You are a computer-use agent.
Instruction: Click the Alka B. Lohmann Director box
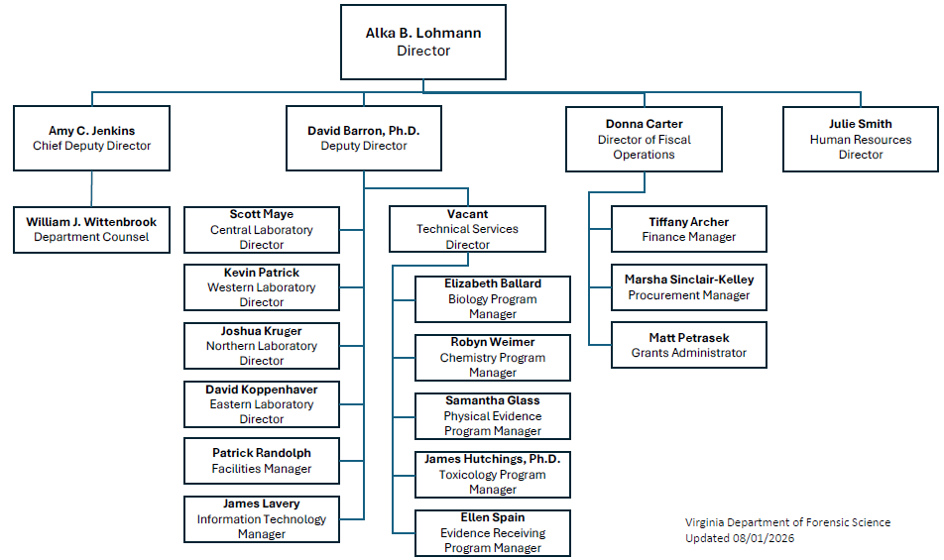tap(423, 42)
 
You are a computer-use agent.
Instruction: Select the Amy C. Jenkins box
tap(91, 139)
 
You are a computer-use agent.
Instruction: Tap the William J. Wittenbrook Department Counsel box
tap(91, 230)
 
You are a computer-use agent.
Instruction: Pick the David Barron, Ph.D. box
tap(364, 139)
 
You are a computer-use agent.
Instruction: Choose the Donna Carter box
tap(644, 139)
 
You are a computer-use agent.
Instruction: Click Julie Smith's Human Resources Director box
tap(861, 139)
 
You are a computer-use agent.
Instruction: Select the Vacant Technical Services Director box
tap(467, 229)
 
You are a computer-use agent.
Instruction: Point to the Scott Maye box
tap(262, 230)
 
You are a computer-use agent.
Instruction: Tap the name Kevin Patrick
tap(262, 273)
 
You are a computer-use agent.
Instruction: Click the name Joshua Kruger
tap(262, 331)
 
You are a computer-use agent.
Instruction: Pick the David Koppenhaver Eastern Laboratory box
tap(262, 404)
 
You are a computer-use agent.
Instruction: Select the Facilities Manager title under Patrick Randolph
tap(262, 469)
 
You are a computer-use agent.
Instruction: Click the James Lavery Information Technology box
tap(262, 519)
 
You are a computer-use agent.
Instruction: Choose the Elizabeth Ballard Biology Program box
tap(493, 299)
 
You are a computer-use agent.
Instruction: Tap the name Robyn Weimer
tap(493, 342)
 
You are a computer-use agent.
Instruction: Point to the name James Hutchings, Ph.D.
tap(493, 459)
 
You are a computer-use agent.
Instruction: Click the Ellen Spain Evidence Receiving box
tap(493, 533)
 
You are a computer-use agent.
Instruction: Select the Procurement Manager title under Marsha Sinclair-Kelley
tap(689, 295)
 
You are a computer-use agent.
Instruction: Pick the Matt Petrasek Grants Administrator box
tap(689, 345)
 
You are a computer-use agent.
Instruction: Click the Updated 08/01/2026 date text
tap(740, 538)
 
